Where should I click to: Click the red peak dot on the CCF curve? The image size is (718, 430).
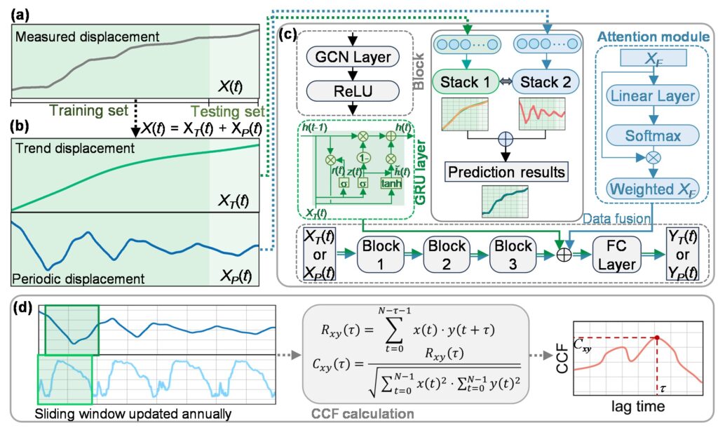point(656,338)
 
